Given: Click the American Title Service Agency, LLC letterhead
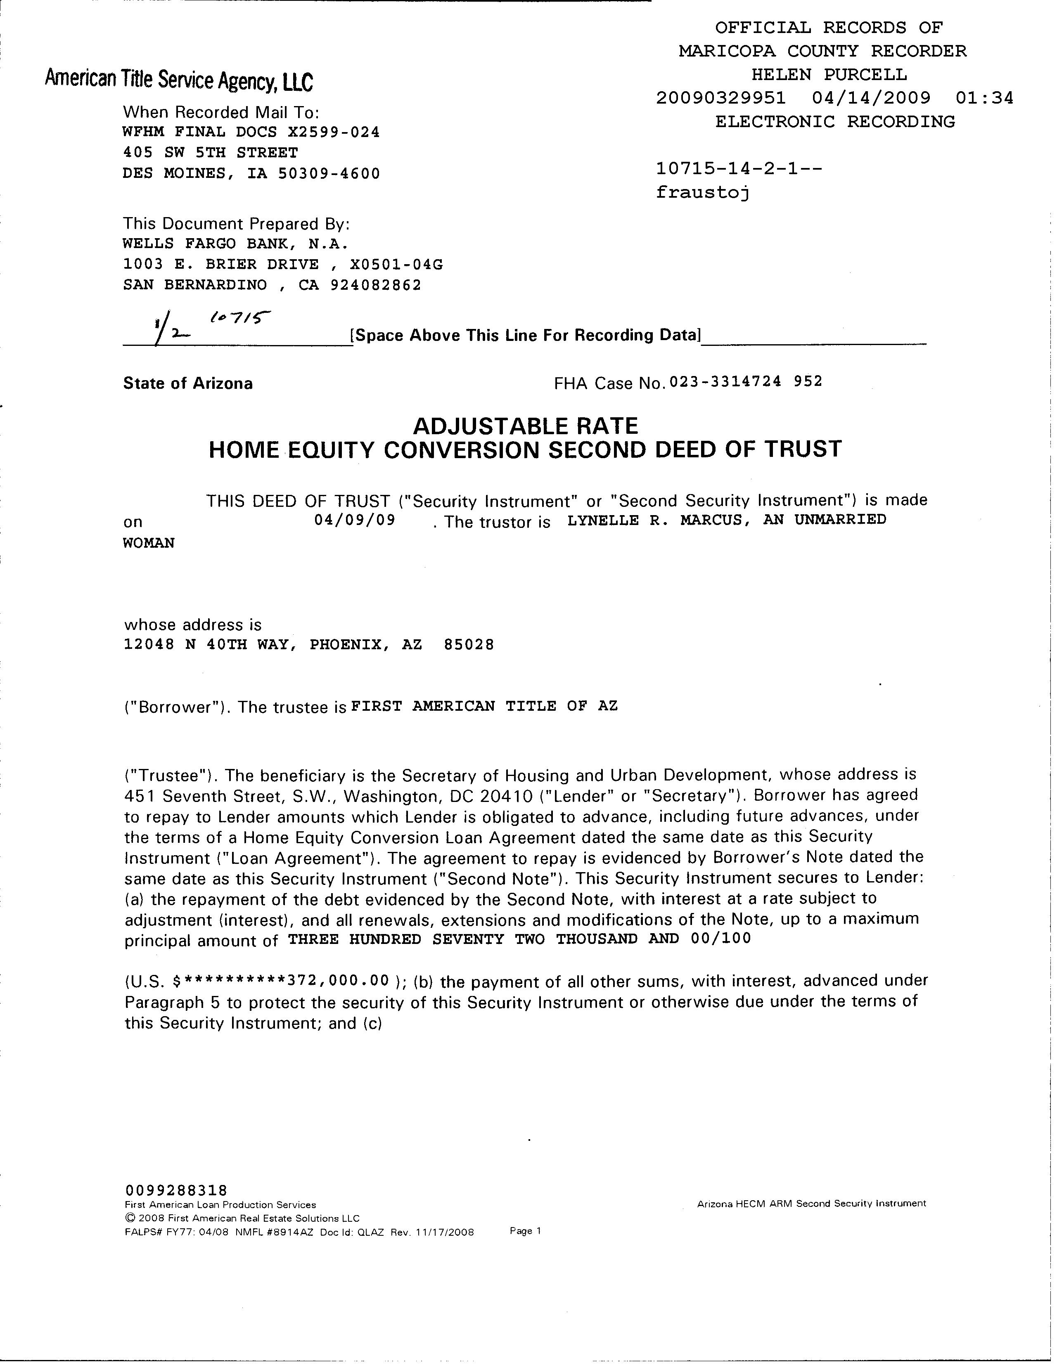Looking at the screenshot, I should [x=179, y=80].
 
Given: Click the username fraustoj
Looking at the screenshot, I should [x=703, y=192].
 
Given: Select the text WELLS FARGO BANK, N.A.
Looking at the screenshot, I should [x=235, y=244].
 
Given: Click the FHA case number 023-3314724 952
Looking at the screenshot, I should [x=746, y=381].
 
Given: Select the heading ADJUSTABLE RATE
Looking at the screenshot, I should [x=525, y=426].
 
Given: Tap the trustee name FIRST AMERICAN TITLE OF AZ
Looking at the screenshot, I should [x=484, y=706].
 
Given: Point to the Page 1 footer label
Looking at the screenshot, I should [x=525, y=1230].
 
